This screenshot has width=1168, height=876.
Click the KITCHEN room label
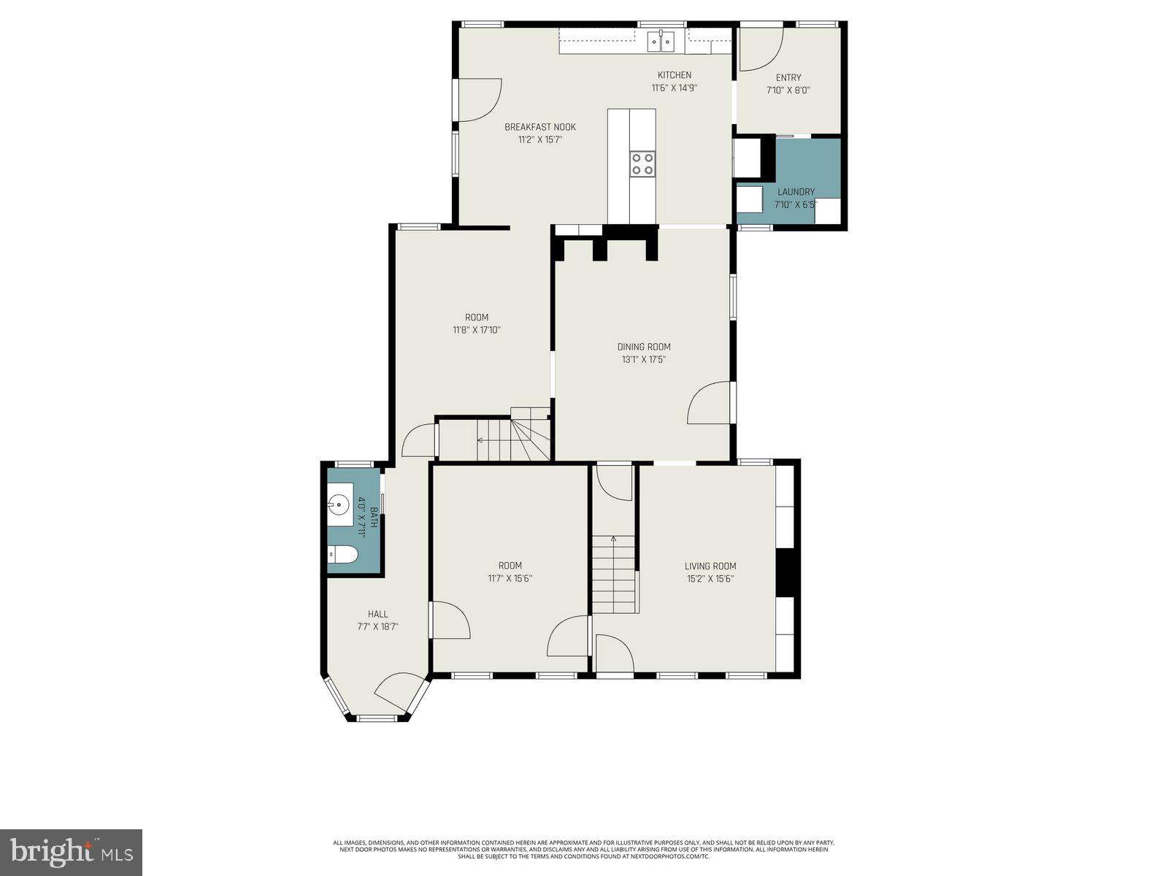coord(674,75)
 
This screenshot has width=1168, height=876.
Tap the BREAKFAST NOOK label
coord(540,127)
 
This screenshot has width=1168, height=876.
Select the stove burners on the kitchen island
coord(642,163)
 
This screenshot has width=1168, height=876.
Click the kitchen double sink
coord(663,42)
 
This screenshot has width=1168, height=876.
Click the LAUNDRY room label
coord(796,192)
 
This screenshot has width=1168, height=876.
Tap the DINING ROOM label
coord(643,347)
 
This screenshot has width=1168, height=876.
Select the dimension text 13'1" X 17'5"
coord(643,359)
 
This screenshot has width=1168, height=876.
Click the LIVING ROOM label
coord(710,566)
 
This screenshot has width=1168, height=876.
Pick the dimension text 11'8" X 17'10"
coord(477,330)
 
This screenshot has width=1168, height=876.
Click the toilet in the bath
coord(342,556)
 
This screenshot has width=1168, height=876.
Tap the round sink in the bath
coord(339,503)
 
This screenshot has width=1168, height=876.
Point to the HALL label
coord(378,614)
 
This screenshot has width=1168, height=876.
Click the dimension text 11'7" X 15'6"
coord(510,578)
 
